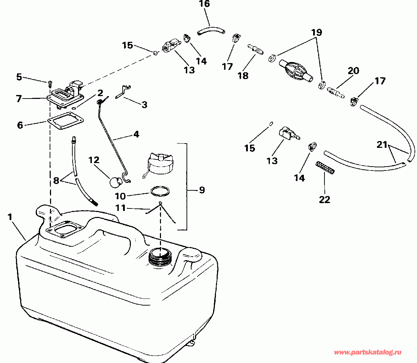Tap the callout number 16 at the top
click(x=204, y=4)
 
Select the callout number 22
click(x=324, y=200)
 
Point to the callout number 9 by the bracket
click(x=202, y=190)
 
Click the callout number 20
click(x=353, y=71)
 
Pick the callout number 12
click(x=94, y=160)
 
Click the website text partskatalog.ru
click(x=368, y=352)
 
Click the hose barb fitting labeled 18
click(x=255, y=49)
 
